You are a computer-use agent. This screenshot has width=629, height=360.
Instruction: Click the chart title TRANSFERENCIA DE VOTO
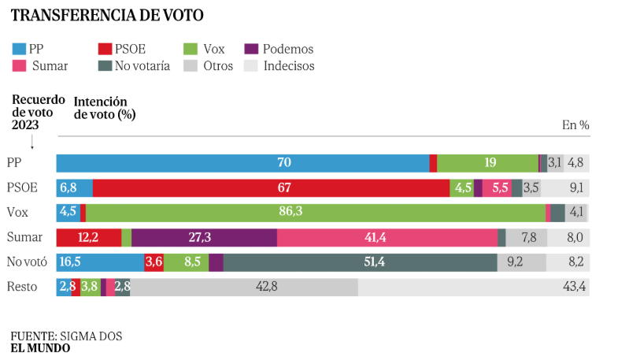[107, 15]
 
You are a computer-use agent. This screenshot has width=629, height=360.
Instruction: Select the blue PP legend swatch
[19, 49]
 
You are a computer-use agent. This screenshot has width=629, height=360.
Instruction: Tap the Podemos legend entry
[279, 49]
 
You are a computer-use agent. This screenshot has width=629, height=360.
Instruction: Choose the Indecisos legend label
[289, 66]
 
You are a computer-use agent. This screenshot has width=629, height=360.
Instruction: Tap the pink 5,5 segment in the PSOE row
[497, 188]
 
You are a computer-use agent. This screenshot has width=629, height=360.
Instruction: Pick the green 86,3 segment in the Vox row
[315, 213]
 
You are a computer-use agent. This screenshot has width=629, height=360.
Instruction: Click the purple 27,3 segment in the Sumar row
[204, 238]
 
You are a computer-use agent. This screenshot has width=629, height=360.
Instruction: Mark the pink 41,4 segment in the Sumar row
[387, 238]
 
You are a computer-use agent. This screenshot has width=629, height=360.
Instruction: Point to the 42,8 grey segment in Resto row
[244, 288]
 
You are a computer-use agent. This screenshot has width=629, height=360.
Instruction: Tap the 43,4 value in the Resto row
[574, 288]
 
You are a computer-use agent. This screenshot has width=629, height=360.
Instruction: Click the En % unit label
[575, 124]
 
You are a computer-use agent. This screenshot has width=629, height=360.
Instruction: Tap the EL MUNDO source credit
[40, 348]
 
